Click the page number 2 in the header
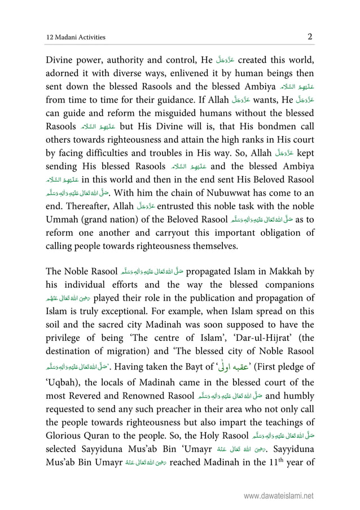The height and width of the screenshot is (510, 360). coord(310,37)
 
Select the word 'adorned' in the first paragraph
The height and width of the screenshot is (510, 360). coord(65,74)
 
